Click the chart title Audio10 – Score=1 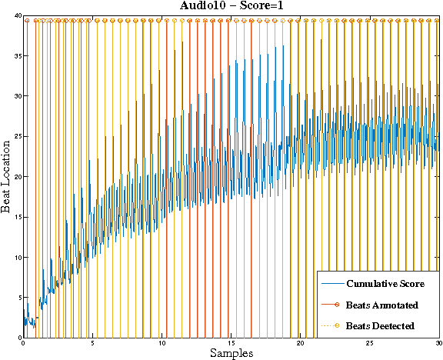point(231,6)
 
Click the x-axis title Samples point(231,353)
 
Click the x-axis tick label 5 point(93,344)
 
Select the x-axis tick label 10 point(162,344)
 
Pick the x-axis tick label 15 point(231,344)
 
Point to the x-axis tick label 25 point(369,344)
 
